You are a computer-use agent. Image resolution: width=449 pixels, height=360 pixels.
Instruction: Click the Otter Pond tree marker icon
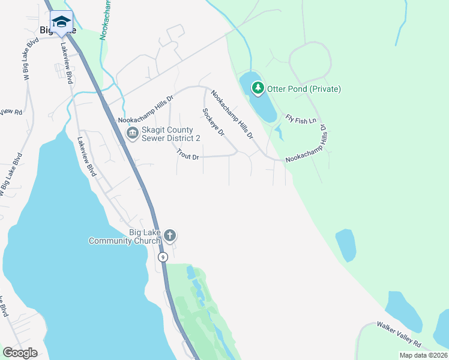click(x=258, y=89)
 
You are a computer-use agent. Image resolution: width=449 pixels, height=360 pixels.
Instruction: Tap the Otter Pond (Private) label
click(x=304, y=89)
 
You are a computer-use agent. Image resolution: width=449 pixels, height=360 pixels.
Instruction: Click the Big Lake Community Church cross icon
click(x=170, y=236)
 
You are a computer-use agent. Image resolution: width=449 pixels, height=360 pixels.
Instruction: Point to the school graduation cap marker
click(x=61, y=22)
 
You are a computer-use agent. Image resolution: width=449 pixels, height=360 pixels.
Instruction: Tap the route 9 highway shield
click(x=162, y=257)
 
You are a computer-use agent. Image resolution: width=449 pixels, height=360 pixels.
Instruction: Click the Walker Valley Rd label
click(x=399, y=334)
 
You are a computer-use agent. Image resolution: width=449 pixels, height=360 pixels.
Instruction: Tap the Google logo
click(x=20, y=353)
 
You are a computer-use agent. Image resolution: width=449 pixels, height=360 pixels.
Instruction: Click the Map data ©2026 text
click(x=423, y=355)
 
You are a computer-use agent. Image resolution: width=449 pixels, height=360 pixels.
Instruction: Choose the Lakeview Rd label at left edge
click(x=10, y=112)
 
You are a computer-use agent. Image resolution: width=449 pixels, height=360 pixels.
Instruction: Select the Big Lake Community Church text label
click(x=125, y=237)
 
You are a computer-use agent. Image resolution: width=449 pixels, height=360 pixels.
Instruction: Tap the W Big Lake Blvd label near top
click(x=32, y=56)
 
